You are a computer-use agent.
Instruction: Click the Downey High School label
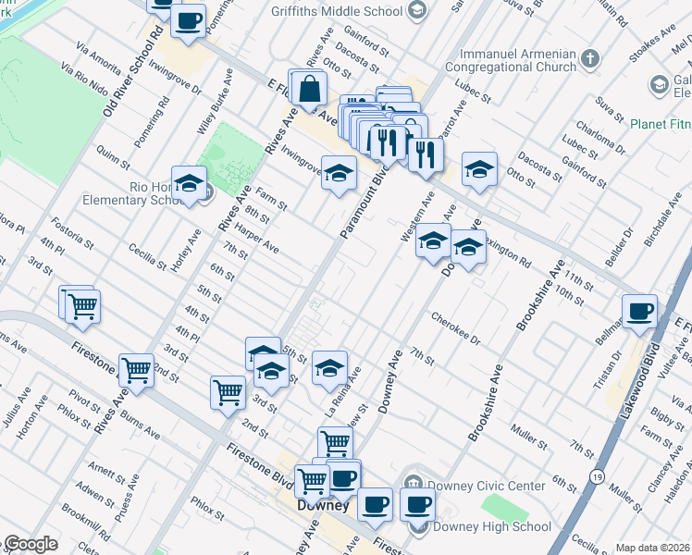point(492,527)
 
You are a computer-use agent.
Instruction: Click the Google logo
point(31,544)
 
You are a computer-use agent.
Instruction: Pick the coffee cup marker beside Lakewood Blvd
point(639,312)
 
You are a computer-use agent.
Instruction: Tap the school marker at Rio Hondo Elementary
point(189,183)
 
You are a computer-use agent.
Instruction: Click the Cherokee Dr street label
point(456,329)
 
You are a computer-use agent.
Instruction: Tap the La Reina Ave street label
point(341,388)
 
